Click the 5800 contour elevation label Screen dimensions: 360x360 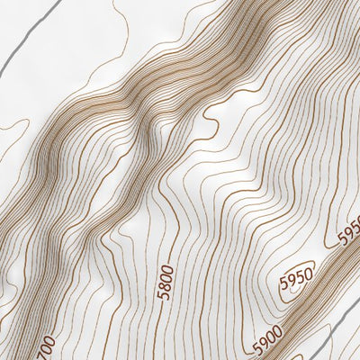tap(164, 280)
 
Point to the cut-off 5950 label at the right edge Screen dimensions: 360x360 tap(349, 230)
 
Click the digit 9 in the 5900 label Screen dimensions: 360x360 tap(263, 344)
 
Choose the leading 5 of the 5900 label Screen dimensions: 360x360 tap(256, 348)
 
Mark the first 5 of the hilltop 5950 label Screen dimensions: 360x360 tap(283, 274)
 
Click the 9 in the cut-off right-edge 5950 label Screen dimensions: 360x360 tap(347, 233)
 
